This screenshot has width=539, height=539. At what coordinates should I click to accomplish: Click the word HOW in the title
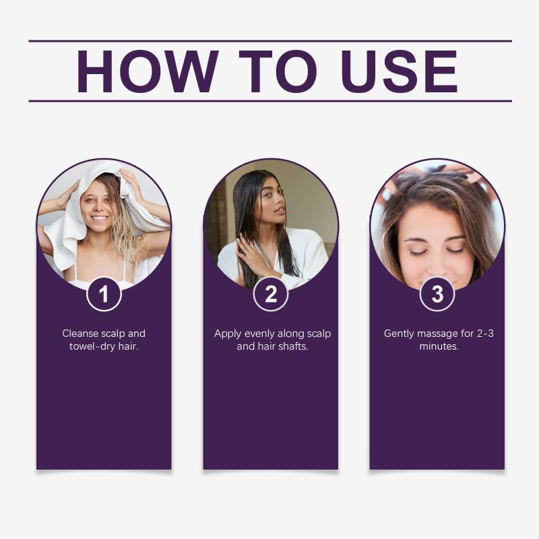point(148,71)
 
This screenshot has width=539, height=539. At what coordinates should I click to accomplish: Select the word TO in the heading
point(278,71)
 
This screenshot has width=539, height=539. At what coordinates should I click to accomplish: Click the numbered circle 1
point(104,294)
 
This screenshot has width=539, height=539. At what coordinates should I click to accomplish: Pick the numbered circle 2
point(271,294)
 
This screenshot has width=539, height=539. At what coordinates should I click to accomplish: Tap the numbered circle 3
point(437,294)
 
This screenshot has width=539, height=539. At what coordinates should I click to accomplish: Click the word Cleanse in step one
point(80,334)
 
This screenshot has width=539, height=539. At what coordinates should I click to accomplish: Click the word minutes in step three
point(439,346)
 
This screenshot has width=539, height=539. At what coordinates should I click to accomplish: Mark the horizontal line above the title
point(270,41)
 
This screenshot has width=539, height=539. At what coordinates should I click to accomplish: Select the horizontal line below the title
point(270,101)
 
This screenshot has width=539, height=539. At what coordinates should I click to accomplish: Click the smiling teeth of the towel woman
point(100,218)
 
